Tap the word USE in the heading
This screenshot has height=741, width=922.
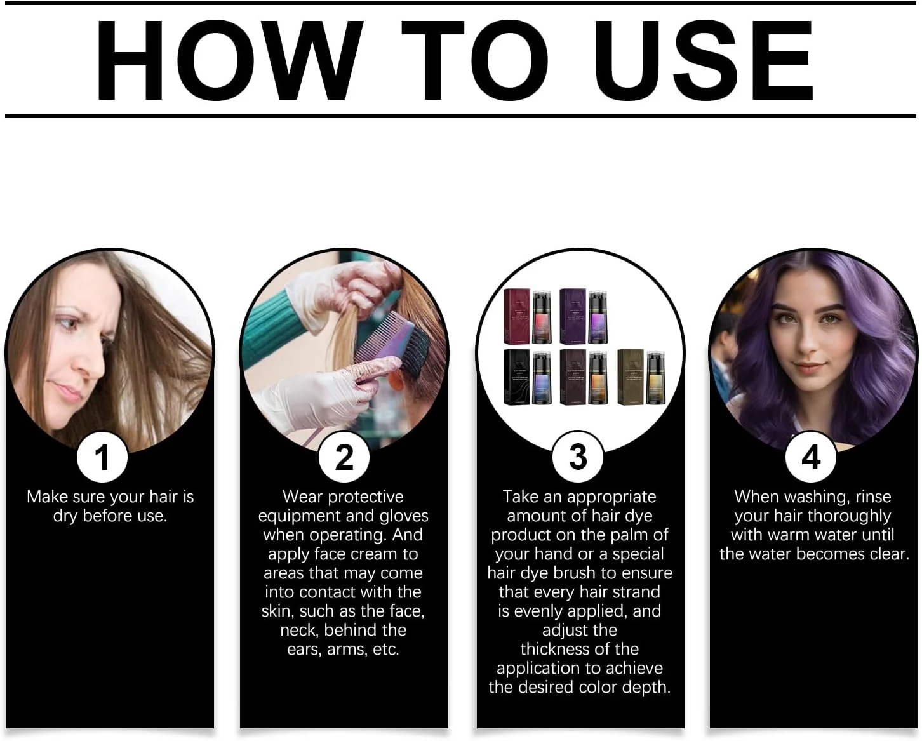tap(703, 60)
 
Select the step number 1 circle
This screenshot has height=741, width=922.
tap(102, 457)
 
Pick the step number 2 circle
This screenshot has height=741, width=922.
tap(344, 457)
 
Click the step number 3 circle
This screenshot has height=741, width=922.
tap(578, 457)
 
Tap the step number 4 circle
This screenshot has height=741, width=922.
tap(811, 457)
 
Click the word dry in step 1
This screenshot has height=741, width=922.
tap(65, 516)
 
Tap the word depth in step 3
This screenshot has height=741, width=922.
tap(646, 688)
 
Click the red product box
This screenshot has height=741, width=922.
tap(517, 316)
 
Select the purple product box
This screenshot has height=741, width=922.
tap(573, 316)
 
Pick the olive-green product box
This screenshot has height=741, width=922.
tap(631, 377)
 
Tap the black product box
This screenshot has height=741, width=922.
tap(517, 377)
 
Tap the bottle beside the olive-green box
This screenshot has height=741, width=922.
tap(656, 378)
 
